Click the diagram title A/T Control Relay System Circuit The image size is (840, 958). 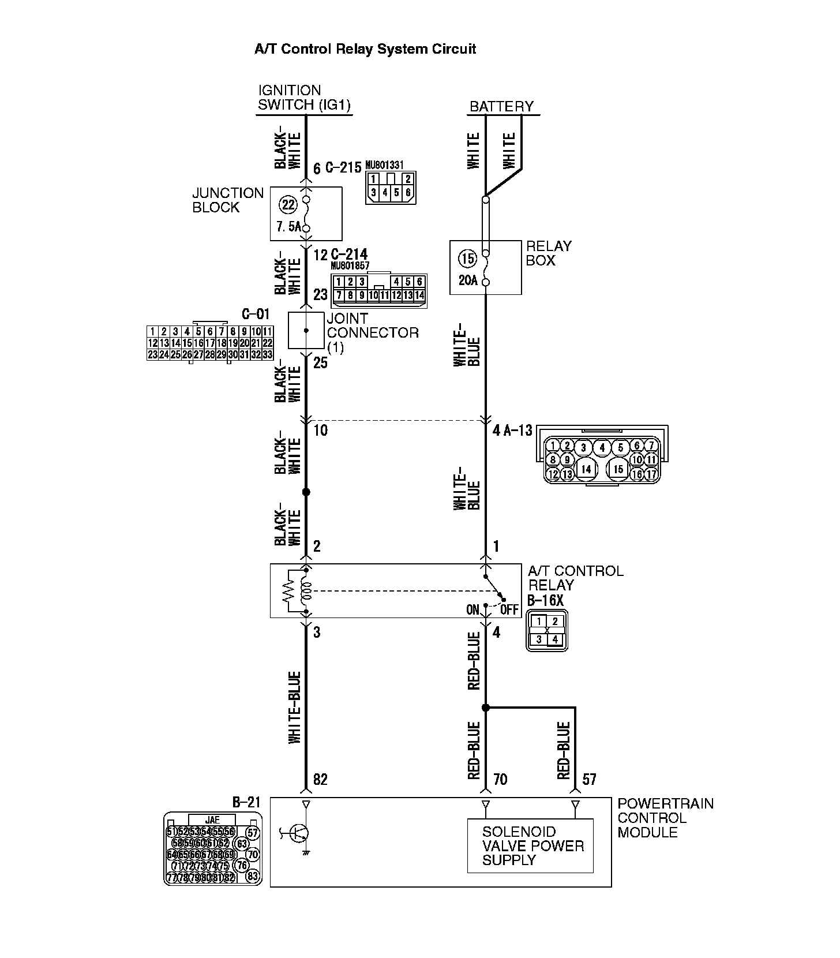[x=365, y=49]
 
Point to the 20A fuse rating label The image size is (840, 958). [x=468, y=281]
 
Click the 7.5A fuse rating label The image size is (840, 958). [x=288, y=227]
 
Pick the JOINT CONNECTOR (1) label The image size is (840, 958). [x=373, y=333]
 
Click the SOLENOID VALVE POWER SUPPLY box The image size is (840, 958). [x=530, y=846]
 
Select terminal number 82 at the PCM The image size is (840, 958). [x=320, y=780]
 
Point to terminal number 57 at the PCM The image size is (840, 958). [x=589, y=780]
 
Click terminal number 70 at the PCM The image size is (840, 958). [x=500, y=780]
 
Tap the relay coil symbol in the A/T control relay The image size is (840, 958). [x=306, y=590]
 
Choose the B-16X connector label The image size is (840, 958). [x=545, y=600]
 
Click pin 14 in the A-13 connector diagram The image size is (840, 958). [x=586, y=469]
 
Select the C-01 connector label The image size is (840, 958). [x=256, y=315]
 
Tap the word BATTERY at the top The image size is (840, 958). [x=501, y=107]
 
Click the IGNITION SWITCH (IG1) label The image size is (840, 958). [x=304, y=98]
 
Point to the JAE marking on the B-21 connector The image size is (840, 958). [x=212, y=820]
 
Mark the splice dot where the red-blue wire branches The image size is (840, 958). [x=486, y=708]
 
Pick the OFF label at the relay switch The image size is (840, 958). [x=509, y=610]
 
